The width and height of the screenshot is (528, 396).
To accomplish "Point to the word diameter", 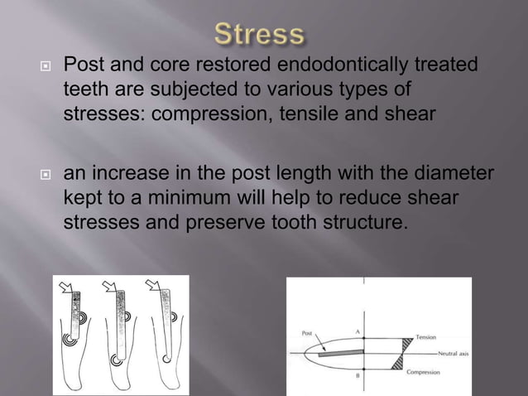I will (x=454, y=174).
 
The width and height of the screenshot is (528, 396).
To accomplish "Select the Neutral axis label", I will (x=448, y=353).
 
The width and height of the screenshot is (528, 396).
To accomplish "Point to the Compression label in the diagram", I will (x=428, y=373).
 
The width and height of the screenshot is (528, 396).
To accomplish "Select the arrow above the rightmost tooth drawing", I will (x=152, y=287).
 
